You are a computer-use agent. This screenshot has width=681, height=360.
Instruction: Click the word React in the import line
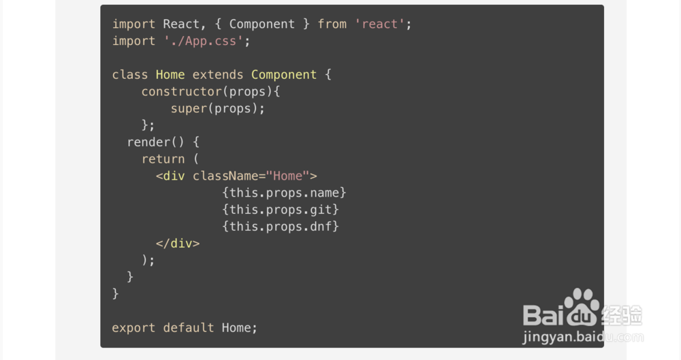181,24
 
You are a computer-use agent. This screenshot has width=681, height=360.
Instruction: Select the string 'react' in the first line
383,24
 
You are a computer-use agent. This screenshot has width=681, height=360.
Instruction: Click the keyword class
130,75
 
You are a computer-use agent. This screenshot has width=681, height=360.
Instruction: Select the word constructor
181,92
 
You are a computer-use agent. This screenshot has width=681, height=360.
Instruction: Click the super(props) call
217,109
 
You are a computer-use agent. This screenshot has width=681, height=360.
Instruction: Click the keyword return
163,159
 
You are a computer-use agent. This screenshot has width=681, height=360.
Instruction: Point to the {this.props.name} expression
284,193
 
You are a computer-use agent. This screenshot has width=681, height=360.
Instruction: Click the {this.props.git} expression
281,210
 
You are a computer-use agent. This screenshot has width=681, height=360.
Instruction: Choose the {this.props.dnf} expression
281,227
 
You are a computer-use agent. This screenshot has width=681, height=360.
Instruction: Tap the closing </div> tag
178,244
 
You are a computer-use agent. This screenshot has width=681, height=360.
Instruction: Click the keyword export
133,328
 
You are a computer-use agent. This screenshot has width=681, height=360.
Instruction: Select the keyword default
189,328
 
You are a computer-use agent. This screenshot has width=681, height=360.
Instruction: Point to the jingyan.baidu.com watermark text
583,337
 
